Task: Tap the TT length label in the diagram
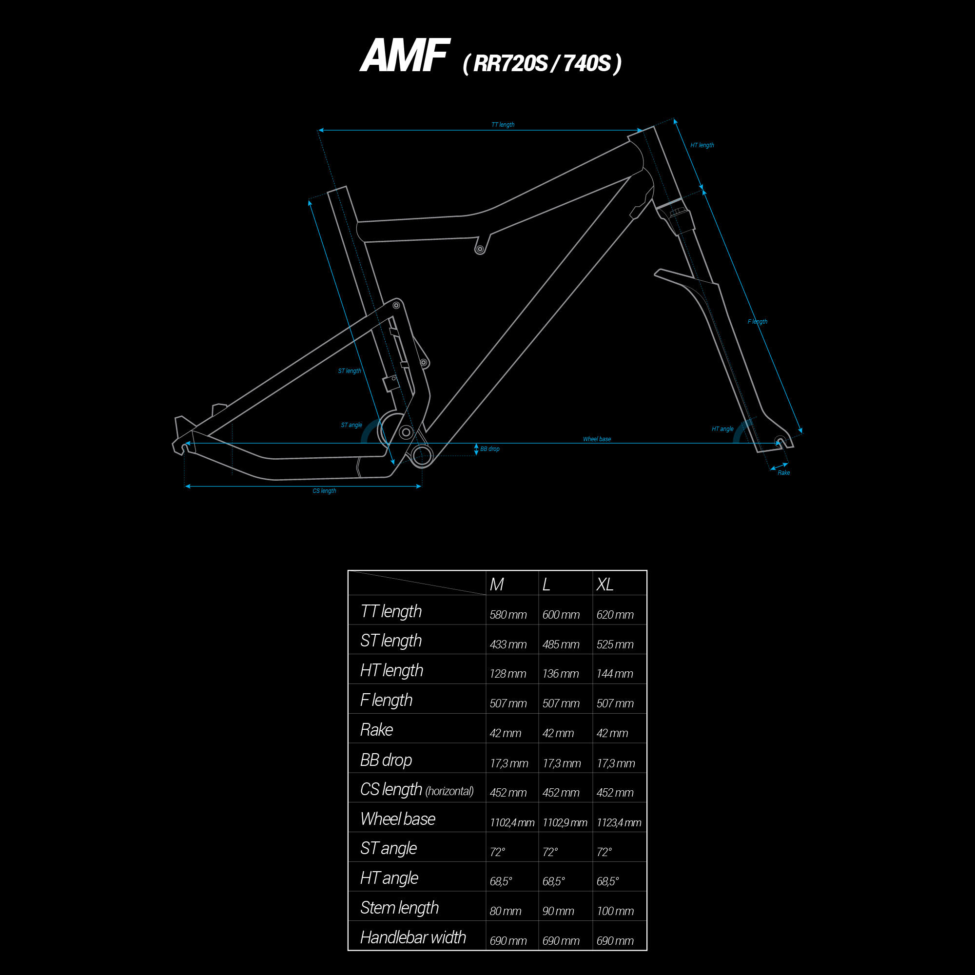click(503, 125)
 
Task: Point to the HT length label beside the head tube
click(702, 145)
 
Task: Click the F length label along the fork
click(758, 321)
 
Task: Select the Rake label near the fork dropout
click(784, 473)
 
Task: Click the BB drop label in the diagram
click(489, 449)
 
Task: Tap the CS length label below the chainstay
click(324, 491)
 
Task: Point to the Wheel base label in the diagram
click(597, 439)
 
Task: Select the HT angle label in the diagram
click(722, 429)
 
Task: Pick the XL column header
click(605, 585)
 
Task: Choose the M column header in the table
click(497, 585)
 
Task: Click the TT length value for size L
click(561, 615)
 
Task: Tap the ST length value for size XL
click(615, 644)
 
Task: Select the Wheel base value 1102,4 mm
click(512, 822)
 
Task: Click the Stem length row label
click(400, 908)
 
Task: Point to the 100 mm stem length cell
click(615, 912)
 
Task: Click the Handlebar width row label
click(413, 937)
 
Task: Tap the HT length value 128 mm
click(508, 674)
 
